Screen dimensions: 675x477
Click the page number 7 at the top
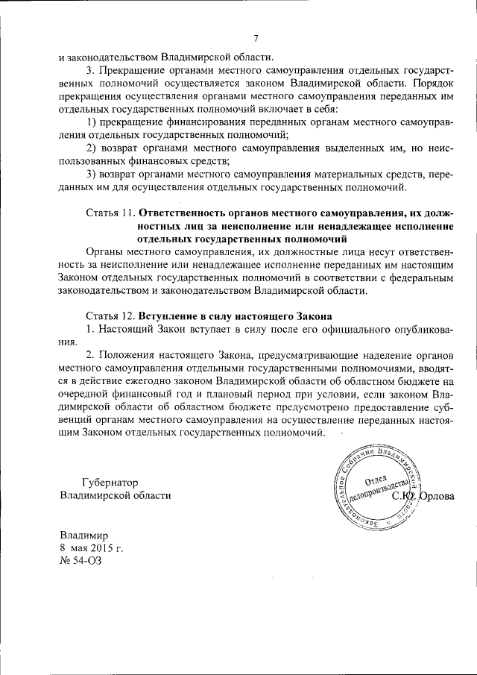click(255, 39)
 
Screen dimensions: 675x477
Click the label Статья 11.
click(108, 210)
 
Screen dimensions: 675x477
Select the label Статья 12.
click(108, 316)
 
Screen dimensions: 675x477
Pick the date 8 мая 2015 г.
click(91, 548)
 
